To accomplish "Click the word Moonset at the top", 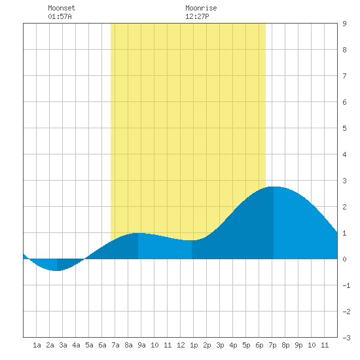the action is click(62, 8).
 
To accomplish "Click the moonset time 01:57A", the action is click(60, 16).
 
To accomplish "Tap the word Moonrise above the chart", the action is click(201, 8).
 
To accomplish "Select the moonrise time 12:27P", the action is click(197, 16).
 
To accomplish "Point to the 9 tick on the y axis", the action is click(344, 24).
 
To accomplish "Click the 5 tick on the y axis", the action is click(344, 128).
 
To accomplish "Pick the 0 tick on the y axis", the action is click(344, 259).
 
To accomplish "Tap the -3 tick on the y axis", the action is click(346, 338).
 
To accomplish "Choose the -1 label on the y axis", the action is click(346, 285).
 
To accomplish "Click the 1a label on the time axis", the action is click(37, 345).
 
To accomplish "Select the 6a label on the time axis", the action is click(102, 345).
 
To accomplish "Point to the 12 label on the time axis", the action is click(181, 345).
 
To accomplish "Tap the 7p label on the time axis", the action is click(272, 345).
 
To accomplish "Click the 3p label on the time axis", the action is click(220, 345).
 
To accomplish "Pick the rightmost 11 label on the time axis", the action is click(325, 345).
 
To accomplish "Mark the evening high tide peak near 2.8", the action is click(274, 187).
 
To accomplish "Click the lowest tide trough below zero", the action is click(57, 271).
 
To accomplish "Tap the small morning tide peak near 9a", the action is click(138, 233).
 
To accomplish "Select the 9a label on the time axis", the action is click(141, 345).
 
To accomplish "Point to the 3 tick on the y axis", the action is click(344, 181).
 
